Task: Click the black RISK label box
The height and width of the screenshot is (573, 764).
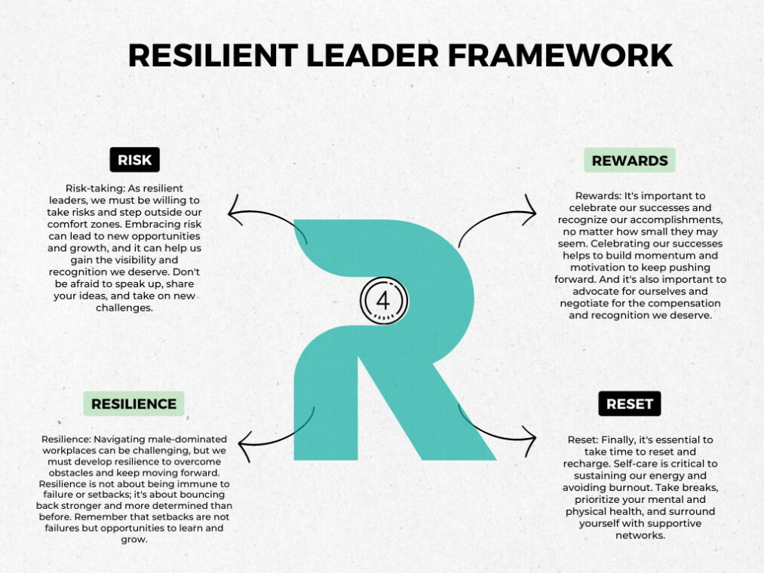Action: click(x=135, y=160)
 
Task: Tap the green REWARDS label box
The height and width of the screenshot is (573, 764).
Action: click(x=629, y=160)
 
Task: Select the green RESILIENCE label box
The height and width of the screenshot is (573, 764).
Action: click(x=133, y=403)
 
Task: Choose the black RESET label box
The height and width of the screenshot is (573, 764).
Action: click(x=629, y=403)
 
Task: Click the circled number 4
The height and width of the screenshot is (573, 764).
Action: click(x=383, y=300)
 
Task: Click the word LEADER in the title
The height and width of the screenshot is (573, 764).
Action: click(x=378, y=56)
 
